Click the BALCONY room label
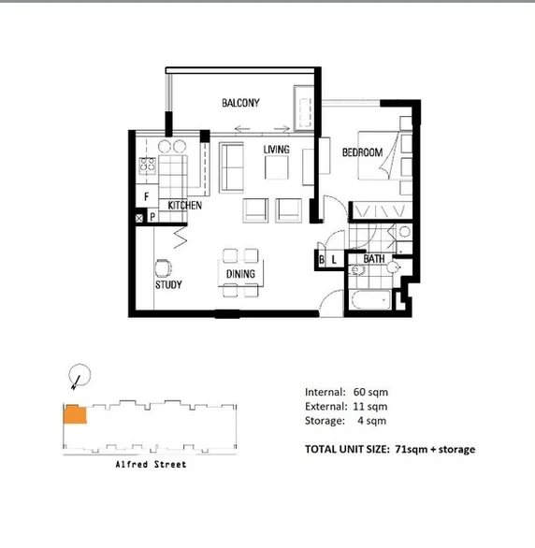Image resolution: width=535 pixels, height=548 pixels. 240,103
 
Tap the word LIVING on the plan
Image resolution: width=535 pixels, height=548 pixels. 276,150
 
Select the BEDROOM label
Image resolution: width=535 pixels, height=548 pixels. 361,152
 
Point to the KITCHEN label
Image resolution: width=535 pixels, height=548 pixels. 184,205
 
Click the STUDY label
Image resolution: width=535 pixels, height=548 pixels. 168,285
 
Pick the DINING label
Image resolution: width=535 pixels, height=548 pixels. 240,274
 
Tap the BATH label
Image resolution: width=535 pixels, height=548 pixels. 374,259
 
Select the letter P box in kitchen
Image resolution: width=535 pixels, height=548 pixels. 152,218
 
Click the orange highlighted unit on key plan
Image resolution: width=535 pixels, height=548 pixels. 75,414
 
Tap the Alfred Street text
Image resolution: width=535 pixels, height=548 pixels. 151,465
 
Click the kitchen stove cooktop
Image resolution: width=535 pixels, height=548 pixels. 147,166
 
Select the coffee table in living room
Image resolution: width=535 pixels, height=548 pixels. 277,167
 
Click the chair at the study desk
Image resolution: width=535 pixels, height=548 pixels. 163,267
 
